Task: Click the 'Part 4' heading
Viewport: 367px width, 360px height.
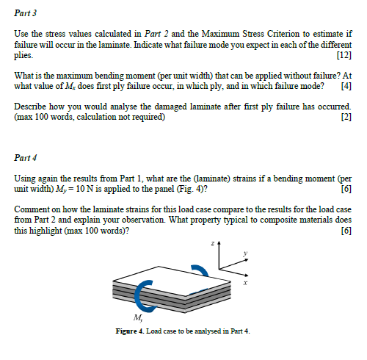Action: tap(27, 156)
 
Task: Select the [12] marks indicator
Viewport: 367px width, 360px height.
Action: tap(342, 56)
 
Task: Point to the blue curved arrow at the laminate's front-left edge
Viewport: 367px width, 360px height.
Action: tap(141, 296)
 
